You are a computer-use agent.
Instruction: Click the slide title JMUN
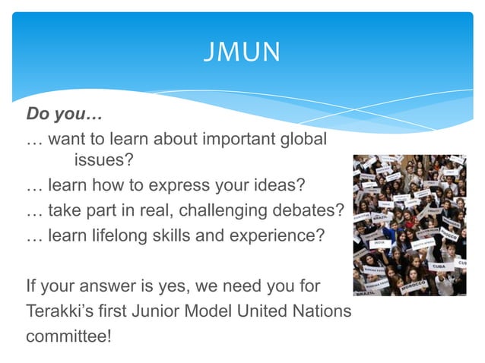pyautogui.click(x=242, y=52)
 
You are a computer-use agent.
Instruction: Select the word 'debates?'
pyautogui.click(x=314, y=210)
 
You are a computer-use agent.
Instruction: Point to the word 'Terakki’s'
pyautogui.click(x=60, y=311)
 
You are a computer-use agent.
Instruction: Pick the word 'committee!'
pyautogui.click(x=69, y=336)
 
